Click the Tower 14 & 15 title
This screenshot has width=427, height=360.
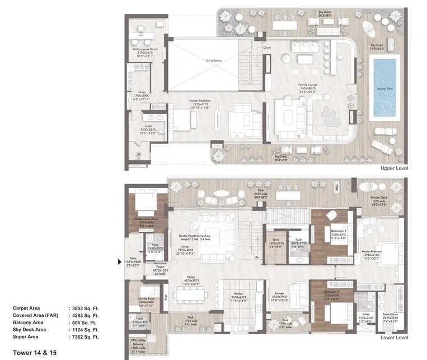pyautogui.click(x=34, y=353)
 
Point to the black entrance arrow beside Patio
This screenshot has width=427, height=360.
pyautogui.click(x=119, y=261)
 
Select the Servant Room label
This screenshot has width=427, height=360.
pyautogui.click(x=147, y=300)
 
